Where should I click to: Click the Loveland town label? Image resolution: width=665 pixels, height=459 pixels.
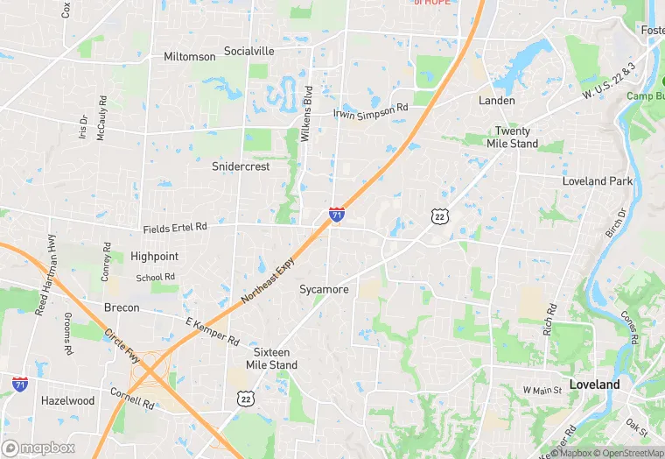[594, 385]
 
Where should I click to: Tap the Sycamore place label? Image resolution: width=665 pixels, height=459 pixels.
[324, 289]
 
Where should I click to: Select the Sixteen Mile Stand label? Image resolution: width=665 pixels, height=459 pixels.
[271, 358]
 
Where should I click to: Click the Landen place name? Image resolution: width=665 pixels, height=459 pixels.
[496, 101]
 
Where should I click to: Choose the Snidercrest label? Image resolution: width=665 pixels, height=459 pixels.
[241, 166]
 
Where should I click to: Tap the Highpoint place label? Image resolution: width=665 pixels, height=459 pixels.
[154, 257]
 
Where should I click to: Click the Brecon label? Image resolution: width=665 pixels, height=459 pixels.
[122, 307]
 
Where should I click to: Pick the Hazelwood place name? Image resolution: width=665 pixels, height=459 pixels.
[67, 400]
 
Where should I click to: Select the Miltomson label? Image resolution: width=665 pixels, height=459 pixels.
[189, 57]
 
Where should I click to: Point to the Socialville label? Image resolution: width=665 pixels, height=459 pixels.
[248, 51]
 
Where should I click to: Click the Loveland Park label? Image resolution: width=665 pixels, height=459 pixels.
[597, 181]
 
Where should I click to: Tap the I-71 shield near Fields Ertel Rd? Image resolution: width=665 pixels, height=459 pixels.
[337, 214]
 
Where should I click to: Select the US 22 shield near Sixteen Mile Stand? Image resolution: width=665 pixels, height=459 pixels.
[246, 399]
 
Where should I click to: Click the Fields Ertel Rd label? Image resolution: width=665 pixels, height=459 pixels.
[175, 228]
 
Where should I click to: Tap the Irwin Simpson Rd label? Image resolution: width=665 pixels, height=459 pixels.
[371, 110]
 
